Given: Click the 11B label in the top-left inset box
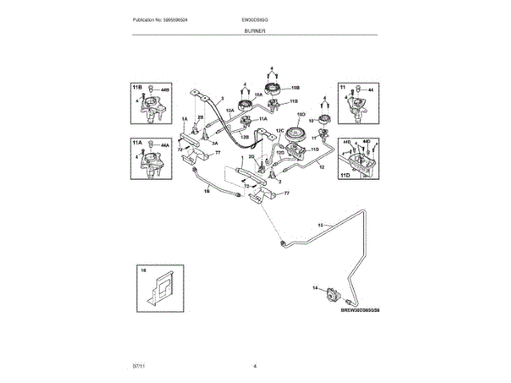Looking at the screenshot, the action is click(137, 86).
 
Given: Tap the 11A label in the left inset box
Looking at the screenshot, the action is click(137, 142).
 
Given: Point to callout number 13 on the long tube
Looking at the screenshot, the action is click(321, 227).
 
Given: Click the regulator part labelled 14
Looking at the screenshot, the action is click(328, 296).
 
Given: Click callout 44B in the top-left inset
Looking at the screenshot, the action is click(165, 92).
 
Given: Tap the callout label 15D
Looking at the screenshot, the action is click(301, 115).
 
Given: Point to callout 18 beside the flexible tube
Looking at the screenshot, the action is click(206, 191).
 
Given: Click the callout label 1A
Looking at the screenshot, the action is click(184, 119).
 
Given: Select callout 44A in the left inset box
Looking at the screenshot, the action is click(165, 147).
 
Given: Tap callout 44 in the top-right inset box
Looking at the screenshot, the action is click(370, 92).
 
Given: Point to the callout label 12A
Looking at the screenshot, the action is click(229, 111).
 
